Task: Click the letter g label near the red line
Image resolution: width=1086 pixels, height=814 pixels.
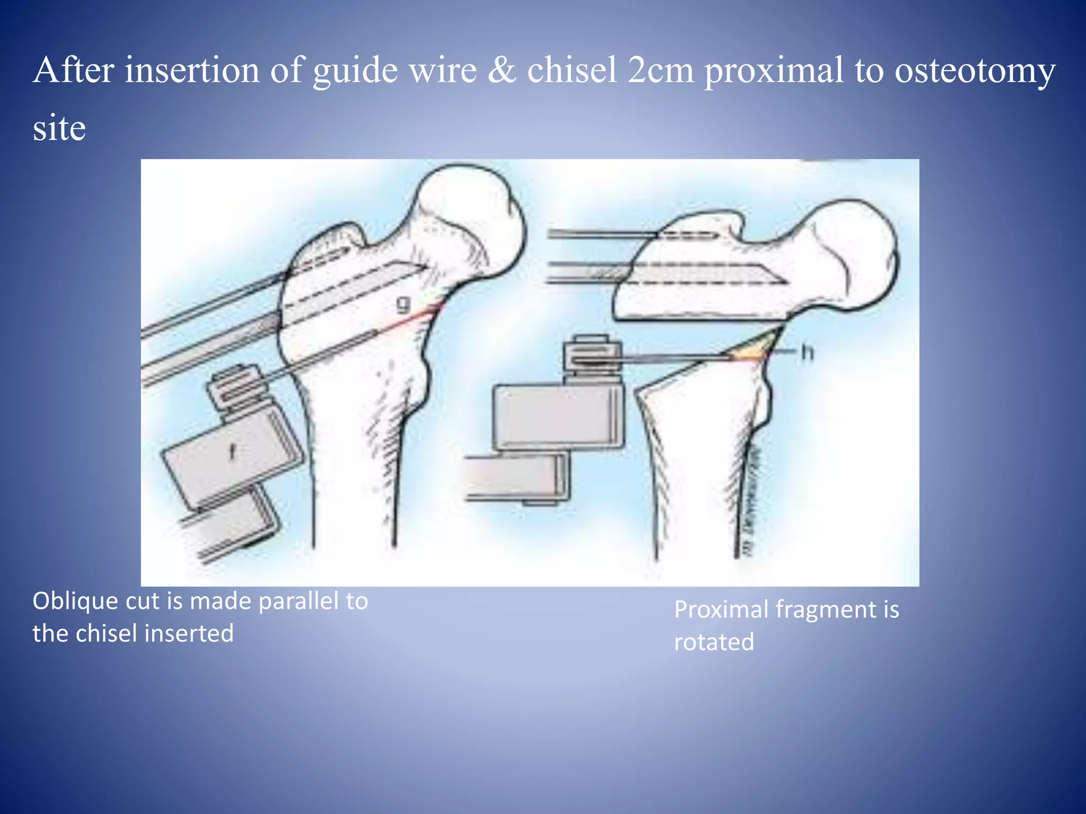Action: (404, 306)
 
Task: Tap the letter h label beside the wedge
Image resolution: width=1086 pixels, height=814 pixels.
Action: (807, 352)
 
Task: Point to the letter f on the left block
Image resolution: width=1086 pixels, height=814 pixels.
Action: (232, 452)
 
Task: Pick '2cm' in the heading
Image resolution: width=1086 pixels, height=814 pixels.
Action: (660, 70)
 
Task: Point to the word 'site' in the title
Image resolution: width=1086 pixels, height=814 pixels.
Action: (59, 128)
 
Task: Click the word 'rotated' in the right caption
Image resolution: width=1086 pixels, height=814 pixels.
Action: (714, 642)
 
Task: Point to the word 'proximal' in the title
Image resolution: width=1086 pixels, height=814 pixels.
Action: (773, 72)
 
